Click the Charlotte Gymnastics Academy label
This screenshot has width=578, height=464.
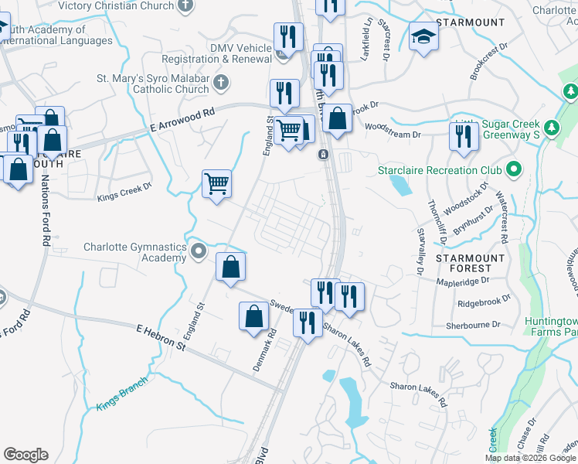point(135,252)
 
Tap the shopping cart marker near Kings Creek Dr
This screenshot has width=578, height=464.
point(217,184)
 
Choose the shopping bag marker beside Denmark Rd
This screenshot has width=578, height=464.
point(254,316)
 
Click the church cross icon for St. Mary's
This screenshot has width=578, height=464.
point(221,82)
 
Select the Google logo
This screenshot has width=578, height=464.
point(25,455)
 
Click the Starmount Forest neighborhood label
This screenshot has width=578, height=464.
point(470,264)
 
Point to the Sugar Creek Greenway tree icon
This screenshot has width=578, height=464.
point(551,127)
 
